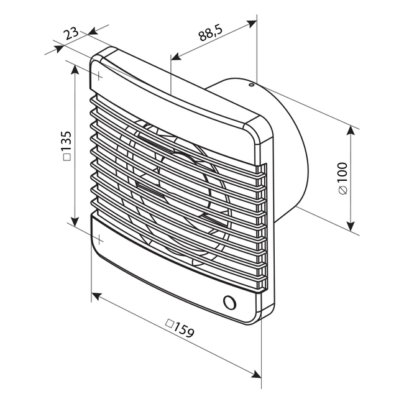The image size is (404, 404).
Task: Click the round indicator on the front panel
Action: pos(229,302)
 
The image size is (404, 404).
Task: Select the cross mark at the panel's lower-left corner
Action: pos(99,238)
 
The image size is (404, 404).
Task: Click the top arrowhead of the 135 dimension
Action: pos(75,68)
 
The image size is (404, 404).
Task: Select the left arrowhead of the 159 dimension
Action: pos(97,295)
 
